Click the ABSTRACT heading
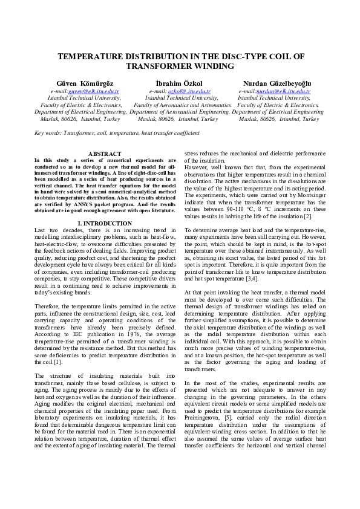click(x=105, y=154)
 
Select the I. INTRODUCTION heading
click(x=105, y=207)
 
